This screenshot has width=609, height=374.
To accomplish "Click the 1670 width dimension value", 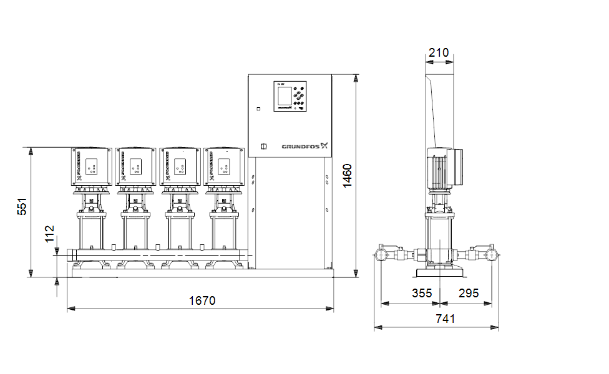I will (202, 300).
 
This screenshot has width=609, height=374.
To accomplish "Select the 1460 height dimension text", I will (348, 175).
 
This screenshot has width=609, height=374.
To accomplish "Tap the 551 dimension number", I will (22, 207).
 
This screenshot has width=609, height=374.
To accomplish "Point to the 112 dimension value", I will (50, 235).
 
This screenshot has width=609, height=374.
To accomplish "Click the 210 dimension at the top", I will (439, 53).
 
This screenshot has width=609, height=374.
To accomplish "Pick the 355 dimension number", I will (422, 293).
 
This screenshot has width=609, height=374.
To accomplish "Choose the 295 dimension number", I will (469, 293).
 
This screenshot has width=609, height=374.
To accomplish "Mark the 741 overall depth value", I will (445, 319).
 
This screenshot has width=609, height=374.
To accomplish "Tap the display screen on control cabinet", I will (285, 97).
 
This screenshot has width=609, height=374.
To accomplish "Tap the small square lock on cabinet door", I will (263, 147).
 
